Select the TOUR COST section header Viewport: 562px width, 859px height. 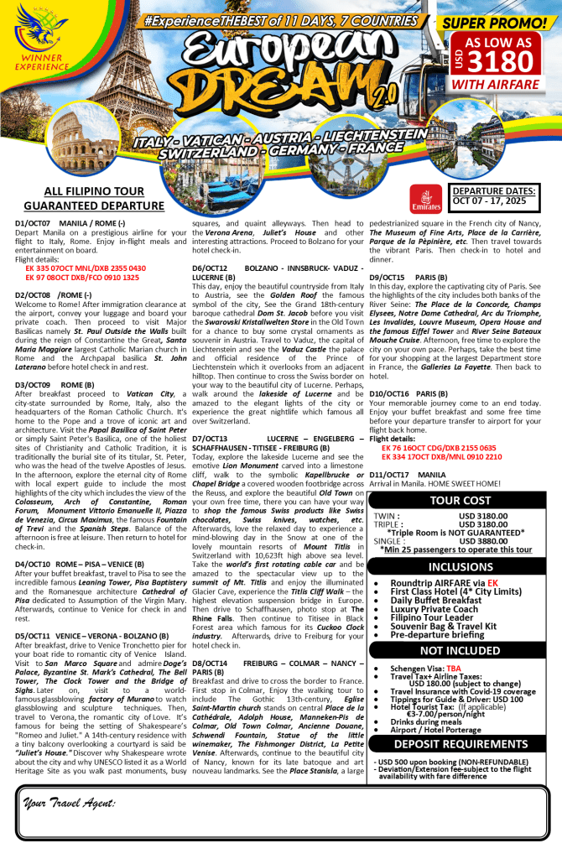pyautogui.click(x=466, y=501)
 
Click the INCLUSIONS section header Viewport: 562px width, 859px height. pyautogui.click(x=466, y=566)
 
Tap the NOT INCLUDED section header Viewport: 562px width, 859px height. pyautogui.click(x=466, y=650)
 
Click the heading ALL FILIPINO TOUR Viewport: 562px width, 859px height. pyautogui.click(x=92, y=191)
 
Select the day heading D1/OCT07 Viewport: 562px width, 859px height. pyautogui.click(x=33, y=222)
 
